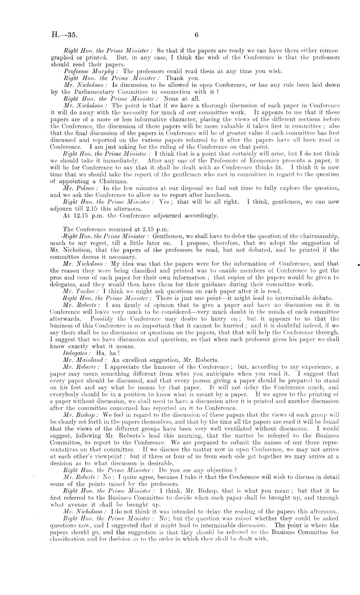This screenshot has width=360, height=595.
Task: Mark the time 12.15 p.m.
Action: click(x=90, y=215)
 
